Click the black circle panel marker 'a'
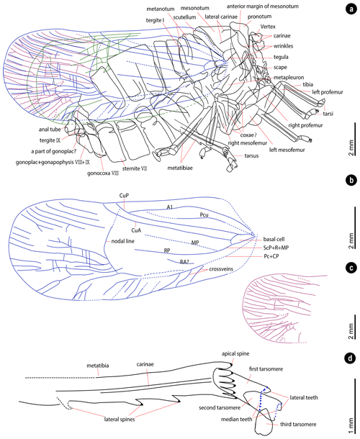tap(351, 9)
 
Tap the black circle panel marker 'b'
tap(351, 181)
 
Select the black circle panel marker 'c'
tap(351, 268)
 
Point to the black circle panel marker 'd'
tap(351, 358)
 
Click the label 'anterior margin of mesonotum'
tap(263, 6)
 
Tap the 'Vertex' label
tap(268, 27)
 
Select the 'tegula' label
tap(281, 57)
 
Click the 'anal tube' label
tap(50, 130)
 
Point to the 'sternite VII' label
tap(135, 168)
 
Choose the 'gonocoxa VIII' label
tap(103, 173)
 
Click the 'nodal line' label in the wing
tap(122, 241)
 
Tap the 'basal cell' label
tap(274, 239)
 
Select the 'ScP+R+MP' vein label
tap(276, 248)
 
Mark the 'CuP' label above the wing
tap(124, 196)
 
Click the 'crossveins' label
tap(221, 268)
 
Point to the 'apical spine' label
tap(235, 353)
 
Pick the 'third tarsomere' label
tap(298, 425)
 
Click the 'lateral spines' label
tap(120, 420)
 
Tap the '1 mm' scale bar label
tap(351, 426)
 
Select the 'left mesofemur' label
tap(287, 150)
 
